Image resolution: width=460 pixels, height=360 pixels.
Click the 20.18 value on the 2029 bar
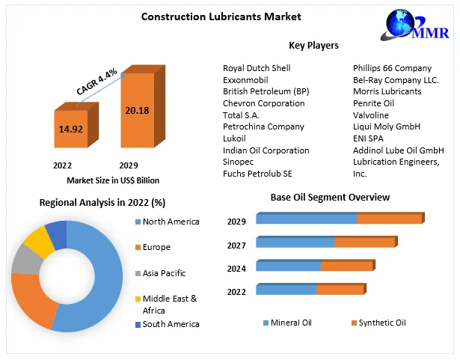click(138, 110)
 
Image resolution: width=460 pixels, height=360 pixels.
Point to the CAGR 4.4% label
click(96, 82)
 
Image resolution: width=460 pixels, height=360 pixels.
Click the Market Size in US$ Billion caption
click(113, 180)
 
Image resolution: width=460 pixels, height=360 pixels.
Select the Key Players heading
click(313, 46)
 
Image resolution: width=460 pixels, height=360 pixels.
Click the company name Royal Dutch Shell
click(257, 68)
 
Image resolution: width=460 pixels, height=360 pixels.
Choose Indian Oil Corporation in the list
click(266, 150)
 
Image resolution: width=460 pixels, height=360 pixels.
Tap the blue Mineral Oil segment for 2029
click(306, 219)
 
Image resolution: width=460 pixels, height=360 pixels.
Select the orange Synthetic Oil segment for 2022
click(340, 289)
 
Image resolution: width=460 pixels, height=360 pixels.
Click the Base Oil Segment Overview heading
click(330, 197)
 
